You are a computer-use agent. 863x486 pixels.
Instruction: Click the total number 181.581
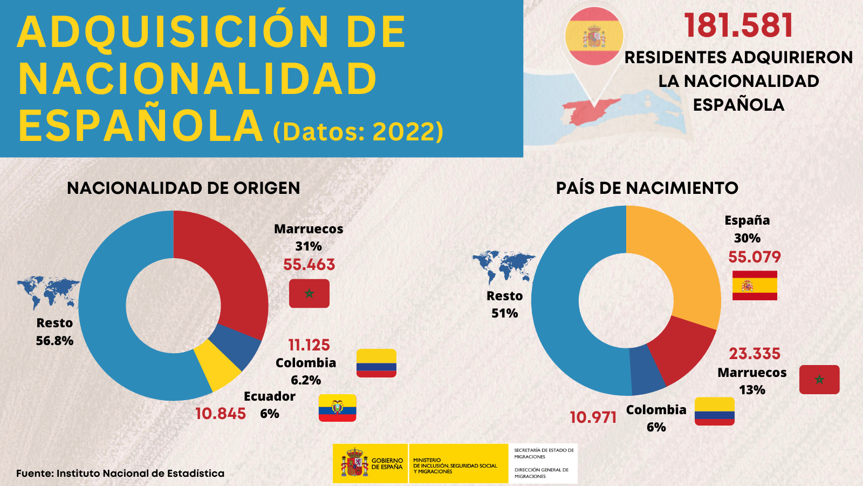[x=738, y=25]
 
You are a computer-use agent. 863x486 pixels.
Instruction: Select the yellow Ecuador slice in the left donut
[x=218, y=367]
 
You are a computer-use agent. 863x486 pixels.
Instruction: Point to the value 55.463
[x=309, y=265]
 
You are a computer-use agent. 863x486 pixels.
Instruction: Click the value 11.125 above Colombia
[x=309, y=345]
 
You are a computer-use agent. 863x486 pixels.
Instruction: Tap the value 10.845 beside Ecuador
[x=220, y=414]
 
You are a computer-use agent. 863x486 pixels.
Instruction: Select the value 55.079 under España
[x=754, y=257]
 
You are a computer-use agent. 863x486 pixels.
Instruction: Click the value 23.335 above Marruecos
[x=754, y=354]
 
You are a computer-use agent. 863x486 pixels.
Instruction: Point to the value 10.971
[x=593, y=417]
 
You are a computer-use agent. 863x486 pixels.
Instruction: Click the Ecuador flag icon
[x=337, y=408]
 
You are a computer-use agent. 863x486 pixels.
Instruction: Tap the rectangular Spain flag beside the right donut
[x=755, y=285]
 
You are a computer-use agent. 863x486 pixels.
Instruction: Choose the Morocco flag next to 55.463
[x=309, y=293]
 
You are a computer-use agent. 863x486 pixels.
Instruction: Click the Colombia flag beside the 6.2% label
[x=376, y=363]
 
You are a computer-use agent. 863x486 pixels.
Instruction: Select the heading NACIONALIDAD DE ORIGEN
[x=183, y=188]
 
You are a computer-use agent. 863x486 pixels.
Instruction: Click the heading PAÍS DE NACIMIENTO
[x=647, y=188]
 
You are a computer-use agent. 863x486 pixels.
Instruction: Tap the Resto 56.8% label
[x=54, y=332]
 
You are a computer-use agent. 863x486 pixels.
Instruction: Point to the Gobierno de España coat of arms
[x=354, y=463]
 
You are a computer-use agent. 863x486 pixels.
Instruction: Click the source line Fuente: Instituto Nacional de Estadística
[x=120, y=474]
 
